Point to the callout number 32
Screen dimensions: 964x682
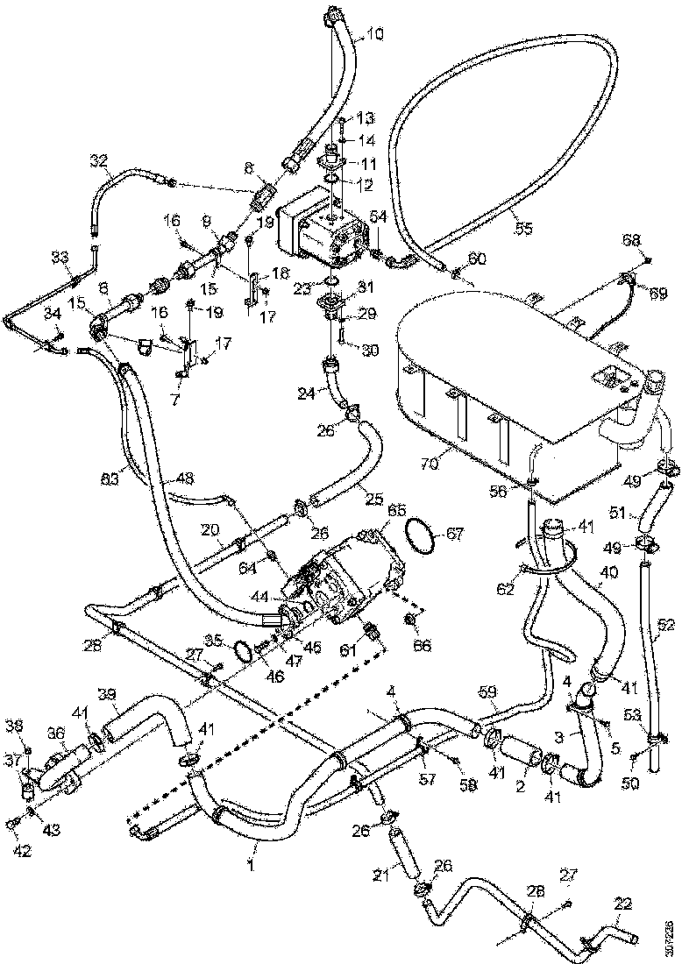(x=99, y=161)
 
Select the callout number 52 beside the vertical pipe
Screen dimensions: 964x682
(x=666, y=625)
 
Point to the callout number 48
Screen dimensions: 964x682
(x=185, y=479)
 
